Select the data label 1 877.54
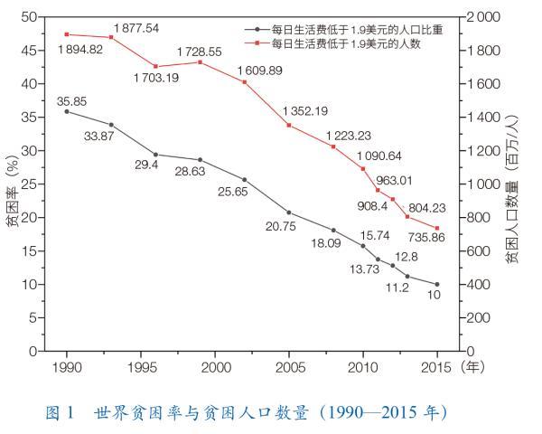(136, 28)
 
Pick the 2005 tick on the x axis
(288, 368)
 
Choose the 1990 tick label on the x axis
(66, 368)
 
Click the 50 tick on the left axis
(30, 17)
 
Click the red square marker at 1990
(66, 34)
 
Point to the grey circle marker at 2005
(288, 212)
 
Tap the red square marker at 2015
(437, 228)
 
